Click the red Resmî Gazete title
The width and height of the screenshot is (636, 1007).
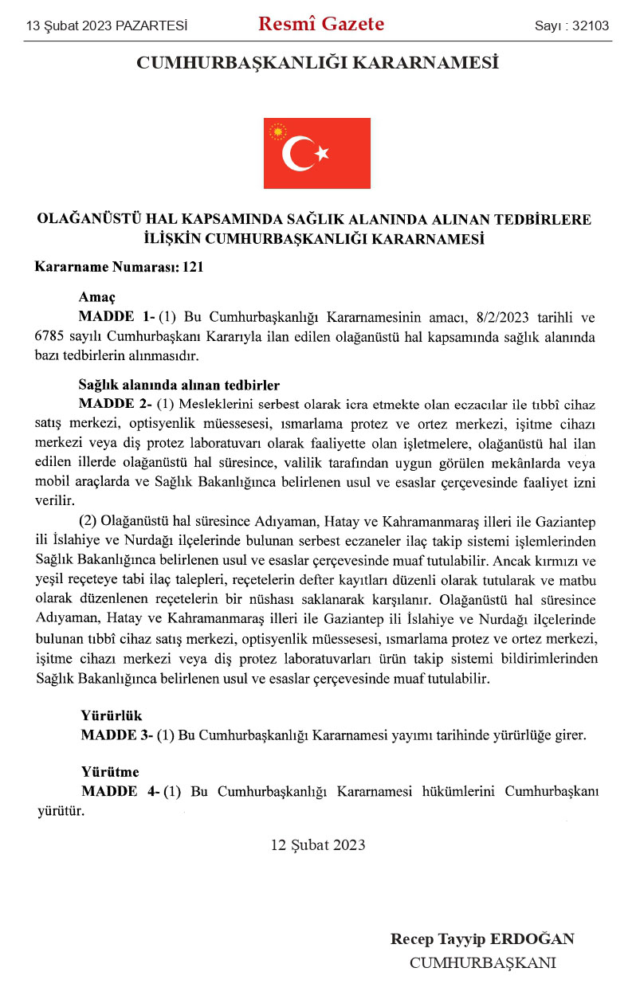coord(320,25)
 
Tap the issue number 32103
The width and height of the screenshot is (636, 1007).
coord(590,26)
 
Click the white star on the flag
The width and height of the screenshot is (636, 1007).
coord(321,153)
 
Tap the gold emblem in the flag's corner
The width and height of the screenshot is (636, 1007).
coord(278,131)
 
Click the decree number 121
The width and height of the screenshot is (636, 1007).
coord(193,268)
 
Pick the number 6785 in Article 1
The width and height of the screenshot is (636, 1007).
coord(50,336)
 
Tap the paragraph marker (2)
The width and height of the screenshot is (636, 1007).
coord(89,521)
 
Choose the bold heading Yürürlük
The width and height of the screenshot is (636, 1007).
coord(112,715)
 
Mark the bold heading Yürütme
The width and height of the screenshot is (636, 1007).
coord(110,772)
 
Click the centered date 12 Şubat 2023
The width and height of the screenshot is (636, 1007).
coord(318,845)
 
